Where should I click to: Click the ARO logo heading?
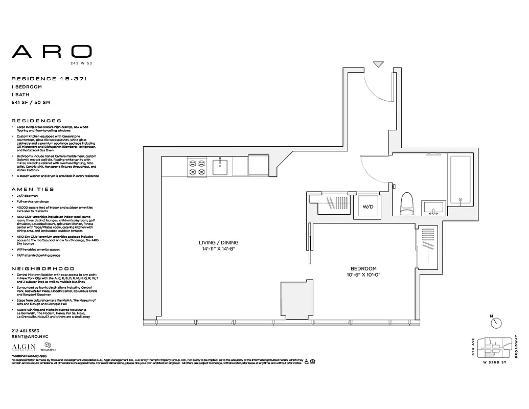(52, 51)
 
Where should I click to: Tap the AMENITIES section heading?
(32, 189)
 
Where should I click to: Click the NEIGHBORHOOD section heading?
(43, 268)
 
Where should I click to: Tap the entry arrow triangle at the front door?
(378, 64)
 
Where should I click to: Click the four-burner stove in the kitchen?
(197, 168)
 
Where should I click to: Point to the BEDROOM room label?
(363, 271)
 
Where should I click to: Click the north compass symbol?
(495, 323)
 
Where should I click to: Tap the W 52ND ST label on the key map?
(494, 362)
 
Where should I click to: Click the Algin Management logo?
(21, 348)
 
